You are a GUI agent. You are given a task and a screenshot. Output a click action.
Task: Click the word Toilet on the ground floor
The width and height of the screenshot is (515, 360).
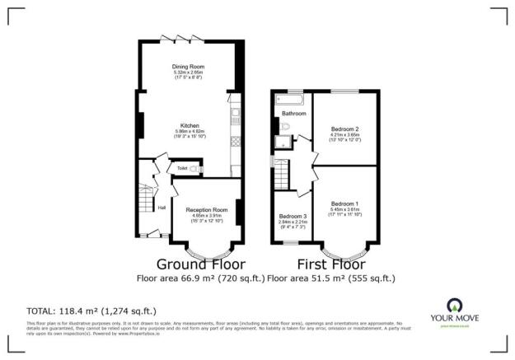pos(182,168)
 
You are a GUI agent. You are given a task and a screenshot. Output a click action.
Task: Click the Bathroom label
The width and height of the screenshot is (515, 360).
pos(294,113)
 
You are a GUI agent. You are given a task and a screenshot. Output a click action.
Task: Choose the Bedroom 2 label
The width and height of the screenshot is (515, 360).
pos(345,129)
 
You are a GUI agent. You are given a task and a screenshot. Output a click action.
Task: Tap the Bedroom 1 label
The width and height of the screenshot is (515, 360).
pos(345,203)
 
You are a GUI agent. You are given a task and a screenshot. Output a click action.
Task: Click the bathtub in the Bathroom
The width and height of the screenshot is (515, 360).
pos(291,100)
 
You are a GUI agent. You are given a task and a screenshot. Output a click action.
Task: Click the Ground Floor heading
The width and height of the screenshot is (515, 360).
pos(200,264)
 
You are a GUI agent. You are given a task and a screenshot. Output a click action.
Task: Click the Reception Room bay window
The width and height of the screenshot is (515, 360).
pos(206,248)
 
